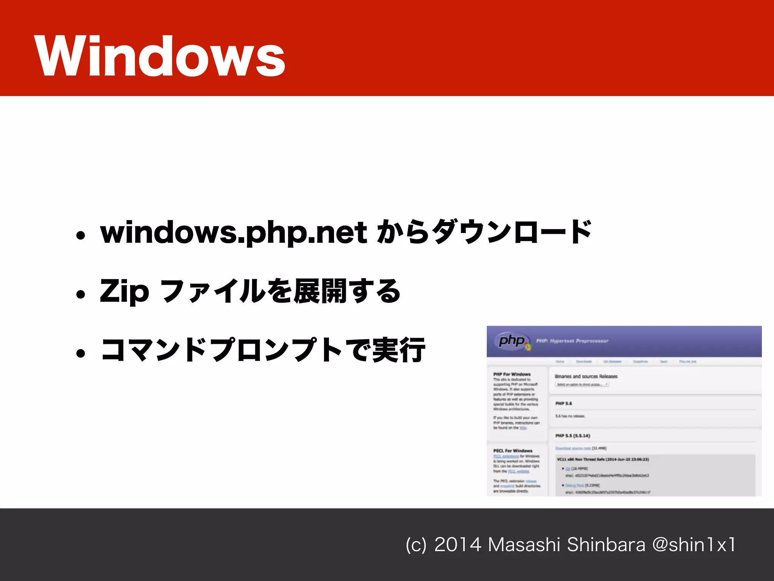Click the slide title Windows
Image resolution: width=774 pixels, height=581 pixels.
coord(159,56)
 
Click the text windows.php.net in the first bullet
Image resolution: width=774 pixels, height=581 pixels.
coord(233,232)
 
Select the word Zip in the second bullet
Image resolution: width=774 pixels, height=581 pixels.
coord(124,291)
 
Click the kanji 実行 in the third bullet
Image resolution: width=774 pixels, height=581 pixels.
coord(399,350)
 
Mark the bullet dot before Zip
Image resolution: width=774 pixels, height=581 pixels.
coord(80,294)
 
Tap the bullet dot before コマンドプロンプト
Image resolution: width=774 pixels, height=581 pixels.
coord(80,353)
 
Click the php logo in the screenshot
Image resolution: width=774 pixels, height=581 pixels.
coord(512,341)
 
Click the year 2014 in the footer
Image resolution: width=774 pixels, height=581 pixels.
coord(458,545)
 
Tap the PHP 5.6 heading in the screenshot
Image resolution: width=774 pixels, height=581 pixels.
coord(563,404)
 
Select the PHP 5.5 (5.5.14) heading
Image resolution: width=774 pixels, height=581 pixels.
coord(573,436)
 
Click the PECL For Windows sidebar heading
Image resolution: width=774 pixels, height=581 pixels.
coord(512,451)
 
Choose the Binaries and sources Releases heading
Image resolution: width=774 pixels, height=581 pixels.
coord(586,376)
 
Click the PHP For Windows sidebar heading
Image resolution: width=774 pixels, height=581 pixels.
coord(512,374)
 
